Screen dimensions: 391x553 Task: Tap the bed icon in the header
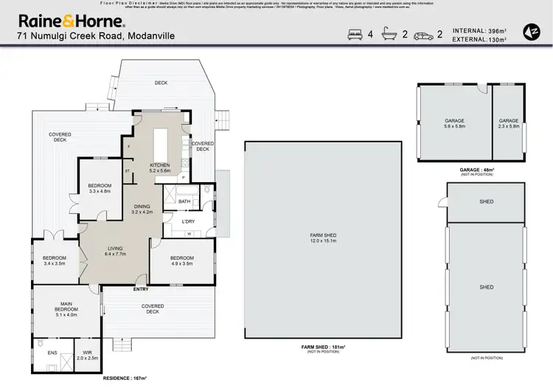pyautogui.click(x=352, y=34)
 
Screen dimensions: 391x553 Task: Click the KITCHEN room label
pyautogui.click(x=160, y=167)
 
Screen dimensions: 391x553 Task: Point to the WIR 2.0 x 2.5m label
pyautogui.click(x=87, y=356)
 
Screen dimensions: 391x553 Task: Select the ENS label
pyautogui.click(x=52, y=353)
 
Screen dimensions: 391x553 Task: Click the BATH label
pyautogui.click(x=184, y=201)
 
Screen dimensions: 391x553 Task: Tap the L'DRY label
pyautogui.click(x=188, y=221)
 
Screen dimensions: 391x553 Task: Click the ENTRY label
pyautogui.click(x=141, y=288)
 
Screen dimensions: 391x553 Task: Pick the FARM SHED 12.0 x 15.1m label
pyautogui.click(x=323, y=238)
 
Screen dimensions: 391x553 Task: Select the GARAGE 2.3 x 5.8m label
pyautogui.click(x=509, y=123)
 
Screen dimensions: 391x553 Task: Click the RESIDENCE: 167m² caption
pyautogui.click(x=125, y=378)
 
